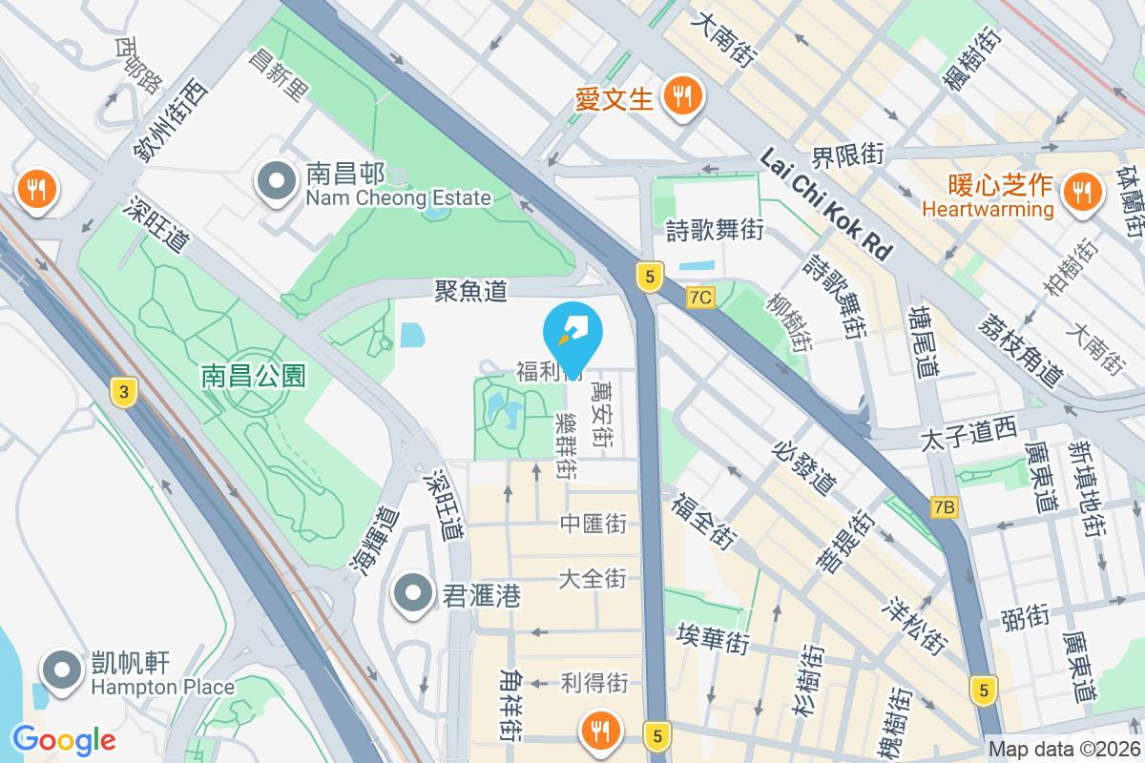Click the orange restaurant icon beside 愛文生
pos(682,95)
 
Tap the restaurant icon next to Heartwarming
pos(1081,191)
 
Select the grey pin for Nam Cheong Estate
pos(277,181)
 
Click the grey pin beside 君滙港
pos(413,594)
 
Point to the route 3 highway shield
pos(121,392)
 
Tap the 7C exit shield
pos(699,298)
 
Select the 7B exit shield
pos(944,506)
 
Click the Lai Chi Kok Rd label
pos(826,203)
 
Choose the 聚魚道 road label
pos(470,291)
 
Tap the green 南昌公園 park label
pos(253,376)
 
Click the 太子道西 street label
pos(968,434)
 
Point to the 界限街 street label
pos(848,154)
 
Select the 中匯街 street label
pos(593,523)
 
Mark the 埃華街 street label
pos(712,638)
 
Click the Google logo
pos(64,739)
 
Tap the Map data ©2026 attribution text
pos(1064,750)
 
